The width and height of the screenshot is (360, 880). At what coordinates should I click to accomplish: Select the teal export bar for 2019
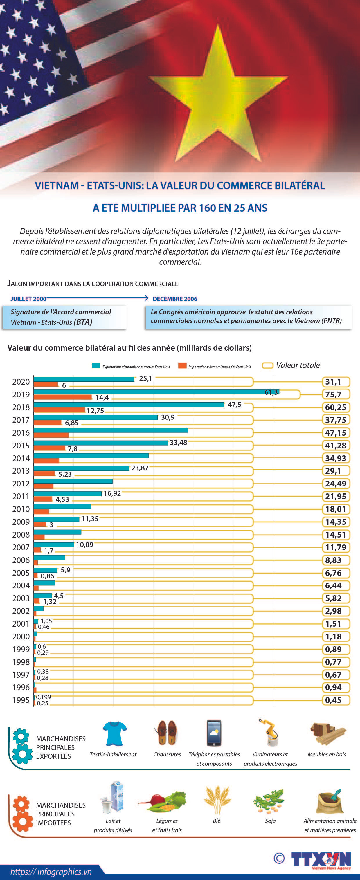point(156,392)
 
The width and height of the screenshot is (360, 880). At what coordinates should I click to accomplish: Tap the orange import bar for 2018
point(59,410)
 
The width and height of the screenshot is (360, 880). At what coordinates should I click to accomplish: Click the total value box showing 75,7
point(336,394)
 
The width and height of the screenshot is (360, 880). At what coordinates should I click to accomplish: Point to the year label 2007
point(21,547)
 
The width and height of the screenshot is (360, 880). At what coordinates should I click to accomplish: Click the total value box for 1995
point(336,700)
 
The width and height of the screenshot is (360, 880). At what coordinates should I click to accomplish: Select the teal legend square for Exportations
point(96,365)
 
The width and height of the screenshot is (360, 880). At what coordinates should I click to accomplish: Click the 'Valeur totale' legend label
point(298,365)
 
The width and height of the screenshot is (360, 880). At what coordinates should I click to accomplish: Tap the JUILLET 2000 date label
point(28,299)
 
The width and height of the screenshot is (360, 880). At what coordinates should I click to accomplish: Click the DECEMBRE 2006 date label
point(175,299)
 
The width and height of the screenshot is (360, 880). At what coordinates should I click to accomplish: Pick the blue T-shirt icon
point(114,733)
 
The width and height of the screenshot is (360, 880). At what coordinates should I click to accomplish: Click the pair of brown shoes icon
point(167,733)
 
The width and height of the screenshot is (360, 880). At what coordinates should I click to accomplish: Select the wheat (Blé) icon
point(217,799)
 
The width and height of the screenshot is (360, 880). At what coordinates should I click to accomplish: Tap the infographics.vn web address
point(51,872)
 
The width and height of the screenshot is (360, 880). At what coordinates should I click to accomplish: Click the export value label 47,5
point(234,405)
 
